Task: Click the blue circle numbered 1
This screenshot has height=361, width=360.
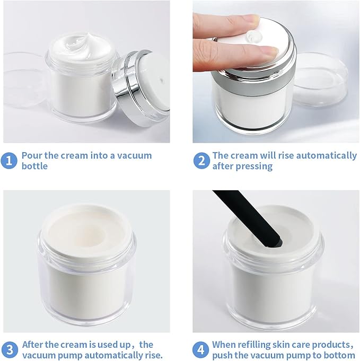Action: (x=9, y=161)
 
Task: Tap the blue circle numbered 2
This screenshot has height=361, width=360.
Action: (x=201, y=161)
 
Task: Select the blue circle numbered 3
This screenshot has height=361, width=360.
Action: (x=10, y=350)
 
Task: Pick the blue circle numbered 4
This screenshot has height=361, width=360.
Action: (x=201, y=350)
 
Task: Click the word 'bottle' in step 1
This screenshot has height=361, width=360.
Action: (x=34, y=166)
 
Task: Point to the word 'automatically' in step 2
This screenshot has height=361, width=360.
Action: (x=326, y=156)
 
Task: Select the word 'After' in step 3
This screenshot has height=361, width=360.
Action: (x=32, y=345)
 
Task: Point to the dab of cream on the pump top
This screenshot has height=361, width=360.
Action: (x=254, y=37)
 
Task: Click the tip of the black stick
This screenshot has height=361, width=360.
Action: (x=278, y=243)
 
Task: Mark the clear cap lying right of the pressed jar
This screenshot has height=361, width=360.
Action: (x=321, y=80)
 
